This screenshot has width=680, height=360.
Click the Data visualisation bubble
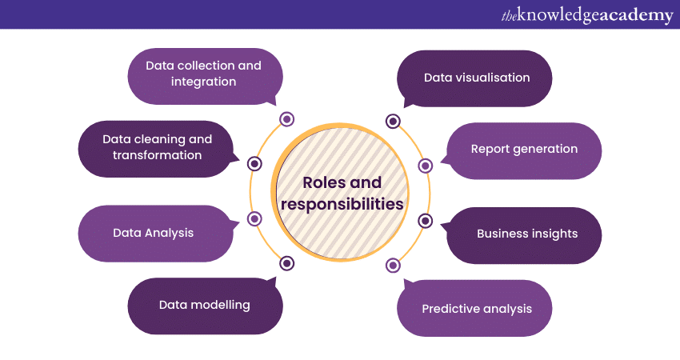476,78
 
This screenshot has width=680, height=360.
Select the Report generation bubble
524,150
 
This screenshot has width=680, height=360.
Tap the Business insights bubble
526,234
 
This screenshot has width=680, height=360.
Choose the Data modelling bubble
205,305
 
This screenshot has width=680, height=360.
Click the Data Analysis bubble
154,234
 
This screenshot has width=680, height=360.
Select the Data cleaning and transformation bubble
156,147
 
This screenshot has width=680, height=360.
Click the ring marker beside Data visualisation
393,122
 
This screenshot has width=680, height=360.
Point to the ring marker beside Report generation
425,166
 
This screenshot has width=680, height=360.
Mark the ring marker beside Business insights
425,221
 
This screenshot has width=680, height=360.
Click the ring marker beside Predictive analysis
393,265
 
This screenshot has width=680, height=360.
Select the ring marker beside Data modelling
286,262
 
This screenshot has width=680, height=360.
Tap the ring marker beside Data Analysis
255,218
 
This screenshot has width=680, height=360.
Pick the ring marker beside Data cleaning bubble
255,164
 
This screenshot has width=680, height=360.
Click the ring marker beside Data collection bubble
286,120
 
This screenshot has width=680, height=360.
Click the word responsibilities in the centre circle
342,204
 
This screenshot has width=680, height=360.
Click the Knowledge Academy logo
587,15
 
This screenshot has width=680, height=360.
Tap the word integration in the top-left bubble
203,82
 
